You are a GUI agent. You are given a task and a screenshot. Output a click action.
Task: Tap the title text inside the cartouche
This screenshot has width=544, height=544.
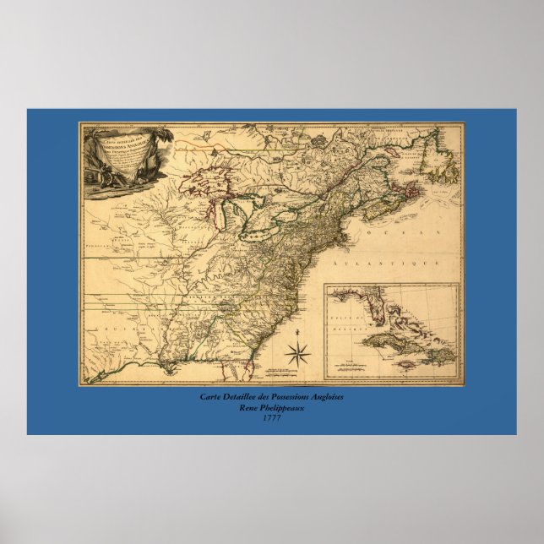[x=123, y=148]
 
